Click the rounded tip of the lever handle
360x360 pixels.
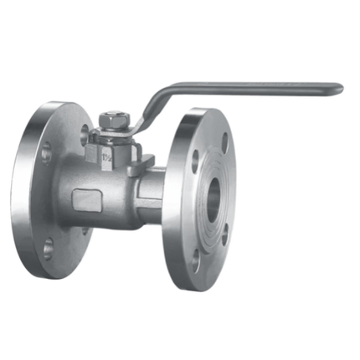point(338,88)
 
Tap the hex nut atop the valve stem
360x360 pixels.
point(111,121)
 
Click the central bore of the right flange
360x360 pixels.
point(214,198)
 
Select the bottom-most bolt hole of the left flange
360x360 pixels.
point(49,248)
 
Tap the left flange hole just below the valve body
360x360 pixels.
point(85,229)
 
